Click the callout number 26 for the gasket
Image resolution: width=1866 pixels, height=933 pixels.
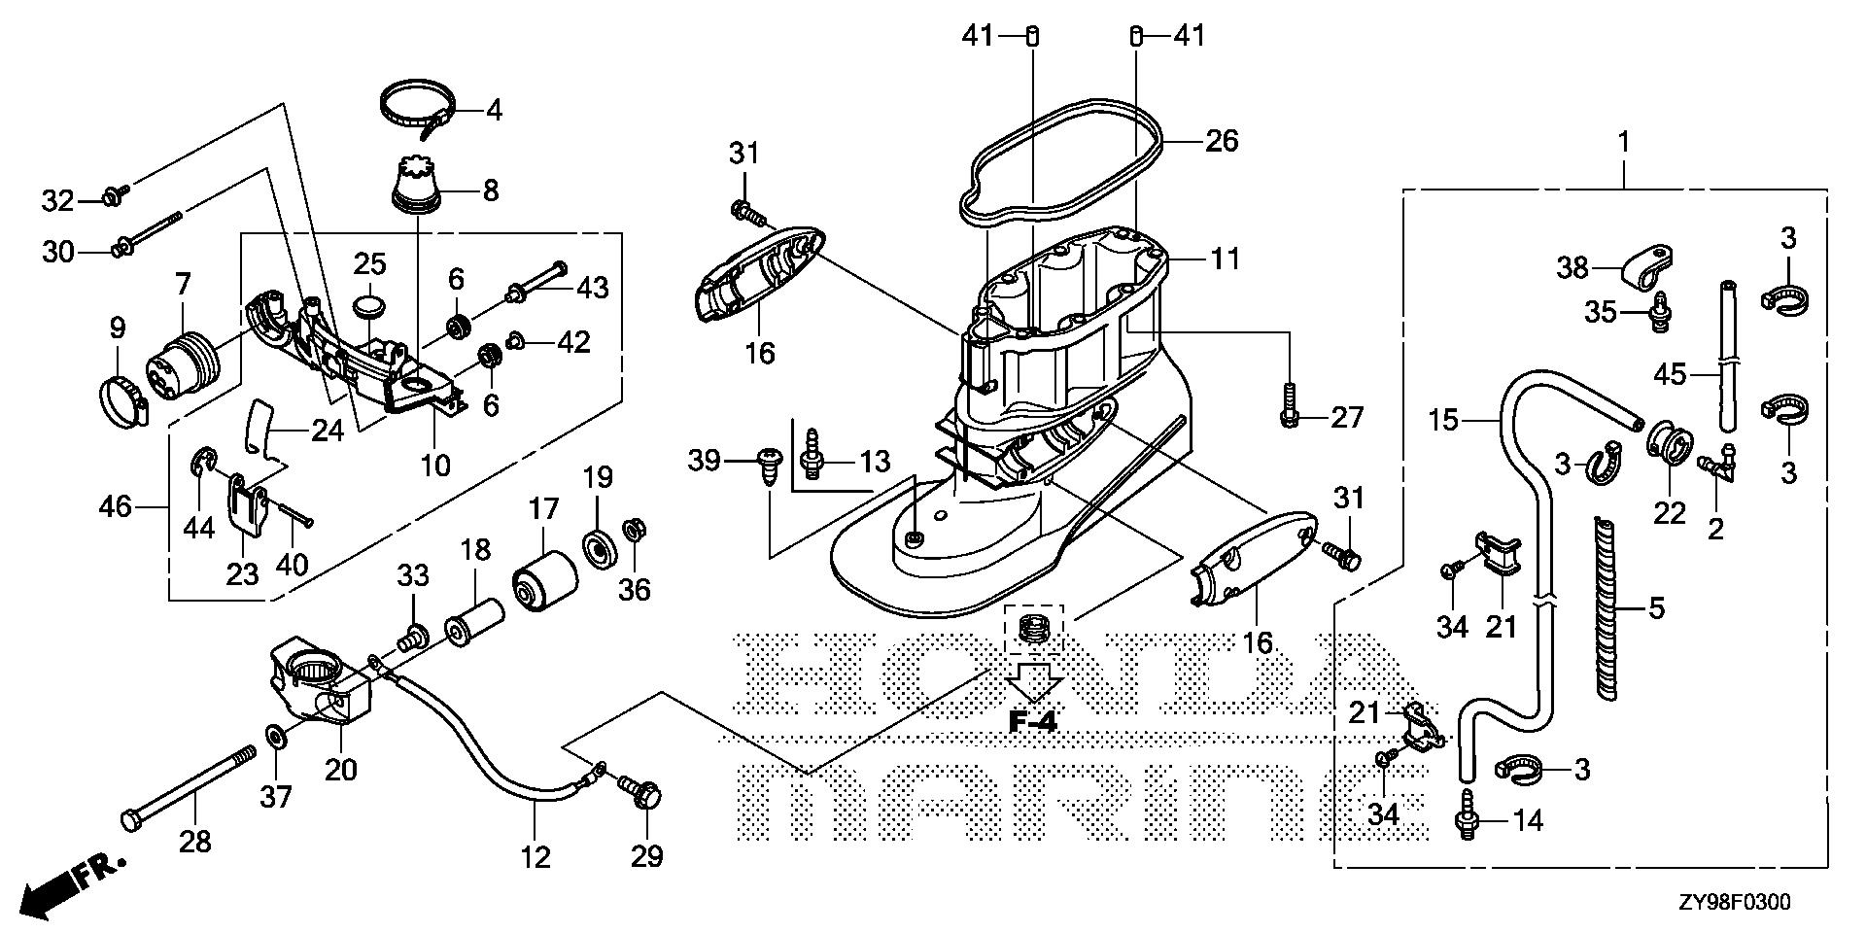pyautogui.click(x=1223, y=141)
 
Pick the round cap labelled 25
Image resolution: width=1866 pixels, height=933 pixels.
pyautogui.click(x=368, y=307)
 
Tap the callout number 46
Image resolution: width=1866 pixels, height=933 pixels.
pyautogui.click(x=116, y=505)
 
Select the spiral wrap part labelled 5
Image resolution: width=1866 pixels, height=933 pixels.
pyautogui.click(x=1607, y=608)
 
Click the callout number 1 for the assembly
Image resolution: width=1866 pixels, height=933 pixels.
pyautogui.click(x=1622, y=142)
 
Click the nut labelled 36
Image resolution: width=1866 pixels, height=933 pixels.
pyautogui.click(x=634, y=531)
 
